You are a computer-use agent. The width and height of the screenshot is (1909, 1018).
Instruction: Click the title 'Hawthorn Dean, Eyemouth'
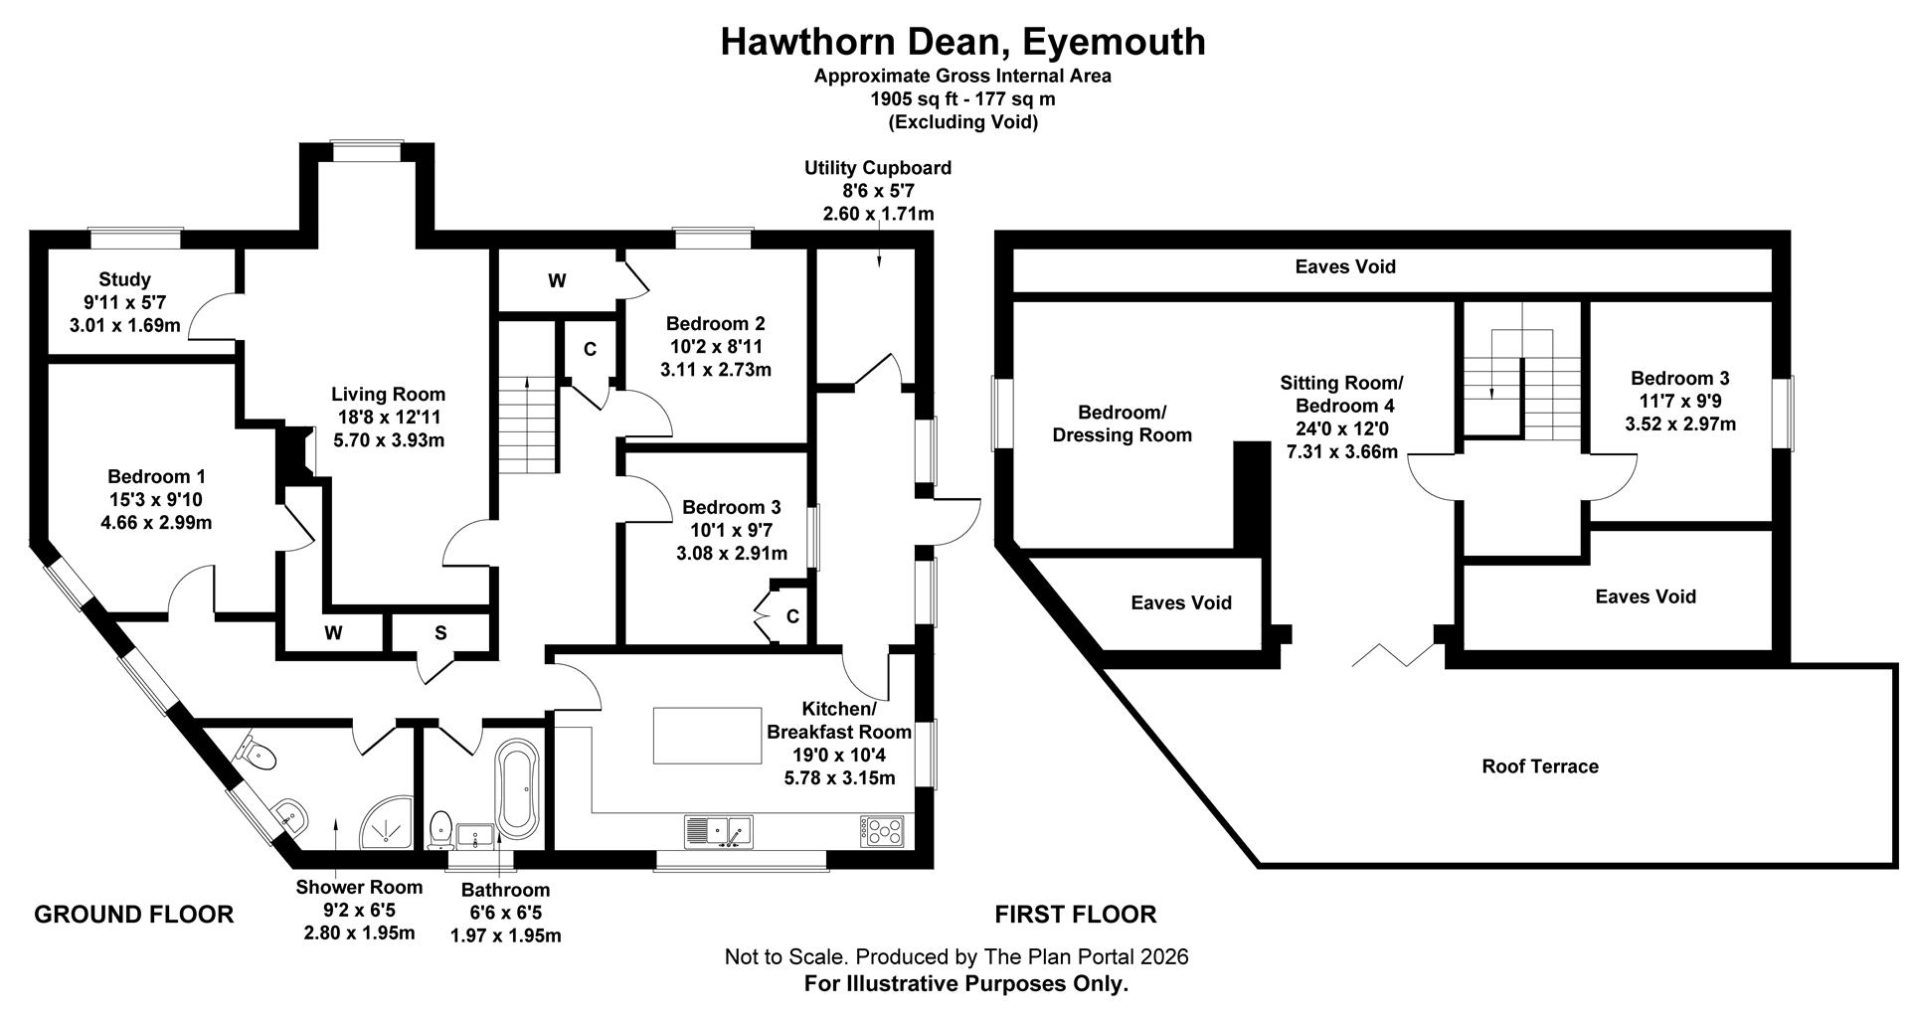(x=962, y=42)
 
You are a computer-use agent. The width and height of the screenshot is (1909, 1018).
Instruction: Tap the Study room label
(x=124, y=279)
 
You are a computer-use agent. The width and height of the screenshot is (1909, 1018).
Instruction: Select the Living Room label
(x=388, y=395)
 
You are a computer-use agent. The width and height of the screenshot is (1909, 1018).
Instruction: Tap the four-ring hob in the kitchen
(x=882, y=831)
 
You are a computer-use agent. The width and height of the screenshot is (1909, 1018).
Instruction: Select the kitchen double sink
(x=718, y=830)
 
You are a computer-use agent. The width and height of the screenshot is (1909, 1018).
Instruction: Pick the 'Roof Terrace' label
(x=1540, y=766)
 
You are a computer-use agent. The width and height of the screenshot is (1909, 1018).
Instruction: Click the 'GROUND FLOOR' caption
(x=134, y=915)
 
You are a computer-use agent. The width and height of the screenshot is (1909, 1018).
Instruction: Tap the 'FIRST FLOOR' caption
(x=1076, y=915)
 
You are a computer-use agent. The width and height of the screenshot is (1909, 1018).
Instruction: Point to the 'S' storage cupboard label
(x=440, y=633)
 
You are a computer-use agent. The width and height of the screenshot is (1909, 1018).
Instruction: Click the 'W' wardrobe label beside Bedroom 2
(x=557, y=281)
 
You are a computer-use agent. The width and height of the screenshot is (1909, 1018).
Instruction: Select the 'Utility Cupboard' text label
(x=878, y=168)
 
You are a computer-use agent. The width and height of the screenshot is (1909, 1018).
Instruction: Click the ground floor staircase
(x=526, y=424)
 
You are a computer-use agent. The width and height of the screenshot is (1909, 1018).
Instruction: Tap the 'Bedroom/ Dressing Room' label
(x=1123, y=424)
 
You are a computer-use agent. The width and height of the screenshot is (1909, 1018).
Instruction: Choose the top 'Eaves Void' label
(x=1345, y=266)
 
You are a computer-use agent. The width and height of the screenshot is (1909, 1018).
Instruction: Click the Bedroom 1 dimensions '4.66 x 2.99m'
(x=156, y=523)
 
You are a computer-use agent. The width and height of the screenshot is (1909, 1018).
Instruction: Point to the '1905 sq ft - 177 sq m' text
(x=962, y=99)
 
